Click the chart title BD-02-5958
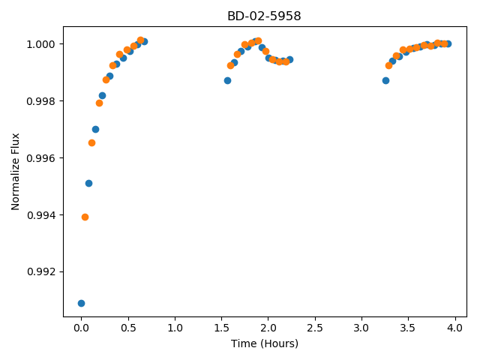264,16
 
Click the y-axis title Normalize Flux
15,172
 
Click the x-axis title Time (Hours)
265,343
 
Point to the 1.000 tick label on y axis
40,44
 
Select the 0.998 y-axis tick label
40,101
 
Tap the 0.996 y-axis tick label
40,158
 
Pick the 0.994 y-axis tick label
40,215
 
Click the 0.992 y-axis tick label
40,271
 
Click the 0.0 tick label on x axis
81,328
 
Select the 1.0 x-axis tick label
175,328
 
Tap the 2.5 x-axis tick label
315,328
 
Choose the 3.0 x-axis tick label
361,328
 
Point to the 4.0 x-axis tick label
455,328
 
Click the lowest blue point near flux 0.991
81,303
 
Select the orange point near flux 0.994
85,217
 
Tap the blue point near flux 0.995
88,183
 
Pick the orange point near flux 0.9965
91,143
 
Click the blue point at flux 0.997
95,129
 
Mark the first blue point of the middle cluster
227,80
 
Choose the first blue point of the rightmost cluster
385,80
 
